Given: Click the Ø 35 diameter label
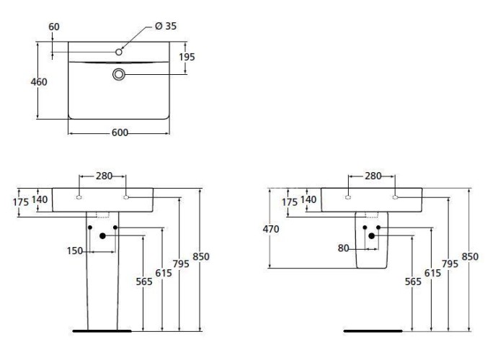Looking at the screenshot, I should (166, 27).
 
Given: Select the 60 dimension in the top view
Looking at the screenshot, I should (54, 27).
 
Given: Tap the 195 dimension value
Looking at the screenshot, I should (187, 56).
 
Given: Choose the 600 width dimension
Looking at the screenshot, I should (120, 132).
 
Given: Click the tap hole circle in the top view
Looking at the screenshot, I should (120, 52).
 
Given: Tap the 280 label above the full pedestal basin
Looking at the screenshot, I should (102, 175).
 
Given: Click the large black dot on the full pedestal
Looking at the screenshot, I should (102, 235).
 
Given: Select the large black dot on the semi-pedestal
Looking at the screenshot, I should (372, 235).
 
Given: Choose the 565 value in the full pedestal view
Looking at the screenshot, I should (144, 282).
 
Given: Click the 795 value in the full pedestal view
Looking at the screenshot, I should (182, 264).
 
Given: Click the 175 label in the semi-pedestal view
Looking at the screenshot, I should (289, 202).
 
